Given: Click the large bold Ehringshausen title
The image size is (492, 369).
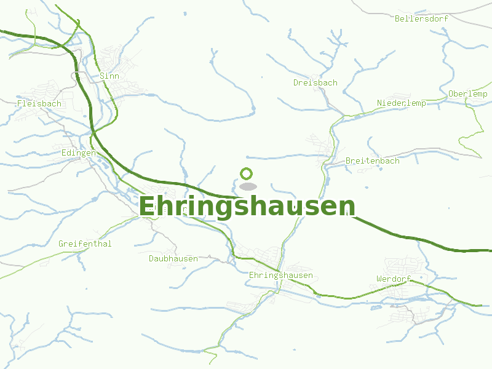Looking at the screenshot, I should coord(247,207).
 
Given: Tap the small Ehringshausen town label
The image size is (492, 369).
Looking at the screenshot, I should coord(281,276).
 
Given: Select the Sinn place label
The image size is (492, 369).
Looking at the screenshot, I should coord(109,76).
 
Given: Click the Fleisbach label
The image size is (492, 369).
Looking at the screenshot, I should coord(39,104).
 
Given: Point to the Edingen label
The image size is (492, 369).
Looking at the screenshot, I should coord(79,153).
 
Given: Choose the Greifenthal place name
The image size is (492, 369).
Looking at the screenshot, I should coord(85,244).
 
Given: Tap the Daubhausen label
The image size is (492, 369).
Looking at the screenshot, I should coord(173,259).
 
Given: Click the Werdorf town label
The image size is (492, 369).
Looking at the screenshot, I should coord(393,279).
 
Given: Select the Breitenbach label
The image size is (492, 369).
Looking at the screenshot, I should coord(372,161).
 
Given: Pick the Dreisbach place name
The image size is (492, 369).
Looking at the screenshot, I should coord(315,83).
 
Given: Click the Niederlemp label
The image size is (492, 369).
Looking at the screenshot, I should coord(401,103).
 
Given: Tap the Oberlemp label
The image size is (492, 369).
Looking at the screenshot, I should coord(468,94).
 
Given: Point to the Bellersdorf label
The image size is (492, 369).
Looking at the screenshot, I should coord(421,18).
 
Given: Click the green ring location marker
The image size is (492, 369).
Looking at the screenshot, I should coord(247,174).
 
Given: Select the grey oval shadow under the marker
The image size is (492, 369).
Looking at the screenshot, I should coord(247,186).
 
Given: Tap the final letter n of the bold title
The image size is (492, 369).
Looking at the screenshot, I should coord(348,207).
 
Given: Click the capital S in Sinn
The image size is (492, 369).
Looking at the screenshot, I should coord(102,76).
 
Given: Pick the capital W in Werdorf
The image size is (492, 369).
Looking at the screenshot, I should coord(379,279).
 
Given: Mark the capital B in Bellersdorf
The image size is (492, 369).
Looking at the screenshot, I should coord(397,18).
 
